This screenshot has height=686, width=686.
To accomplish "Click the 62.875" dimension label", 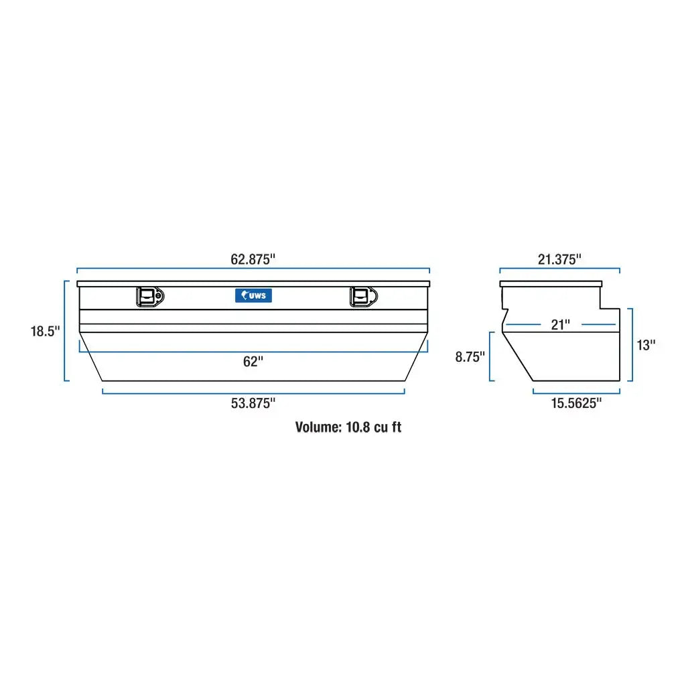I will click(253, 259).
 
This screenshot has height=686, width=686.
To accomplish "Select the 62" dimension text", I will click(253, 362).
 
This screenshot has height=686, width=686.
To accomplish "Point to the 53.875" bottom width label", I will click(253, 403).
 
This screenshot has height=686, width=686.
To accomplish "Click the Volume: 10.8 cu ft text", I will click(348, 427).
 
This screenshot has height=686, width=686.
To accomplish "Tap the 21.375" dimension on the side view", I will click(559, 259).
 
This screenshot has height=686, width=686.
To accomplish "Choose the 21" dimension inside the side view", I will click(560, 325).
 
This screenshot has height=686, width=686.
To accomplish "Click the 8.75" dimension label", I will click(470, 357).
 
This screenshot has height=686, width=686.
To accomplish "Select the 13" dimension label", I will click(646, 345).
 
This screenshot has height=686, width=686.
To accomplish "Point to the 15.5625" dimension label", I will click(576, 403).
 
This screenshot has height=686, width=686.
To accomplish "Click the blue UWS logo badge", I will click(253, 295).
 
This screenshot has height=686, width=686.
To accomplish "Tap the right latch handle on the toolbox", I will click(363, 297).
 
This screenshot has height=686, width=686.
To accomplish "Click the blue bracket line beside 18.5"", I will click(65, 331).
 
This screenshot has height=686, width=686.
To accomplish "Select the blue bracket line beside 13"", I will click(630, 345).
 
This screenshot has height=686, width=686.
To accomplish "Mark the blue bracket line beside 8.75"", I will click(491, 357).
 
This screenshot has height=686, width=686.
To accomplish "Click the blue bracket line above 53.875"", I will click(253, 393).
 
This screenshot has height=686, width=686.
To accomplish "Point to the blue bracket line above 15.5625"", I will click(576, 393).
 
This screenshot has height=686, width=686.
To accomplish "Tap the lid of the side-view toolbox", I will click(559, 284).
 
